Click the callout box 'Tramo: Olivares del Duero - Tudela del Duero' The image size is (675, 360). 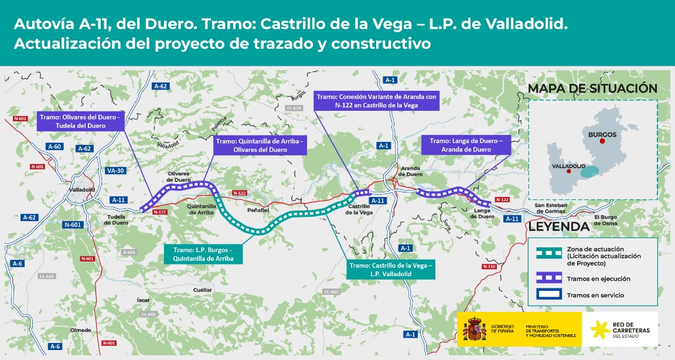(80, 121)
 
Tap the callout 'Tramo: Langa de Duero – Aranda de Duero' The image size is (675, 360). (466, 145)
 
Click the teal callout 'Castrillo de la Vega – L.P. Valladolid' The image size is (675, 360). (390, 270)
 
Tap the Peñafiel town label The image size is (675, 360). (258, 209)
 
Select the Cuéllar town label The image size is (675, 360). (202, 290)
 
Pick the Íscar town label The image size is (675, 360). (144, 300)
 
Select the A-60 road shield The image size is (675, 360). (54, 146)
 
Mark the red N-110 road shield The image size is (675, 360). (489, 266)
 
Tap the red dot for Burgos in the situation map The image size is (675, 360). (602, 141)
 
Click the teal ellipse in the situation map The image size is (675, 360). (593, 172)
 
